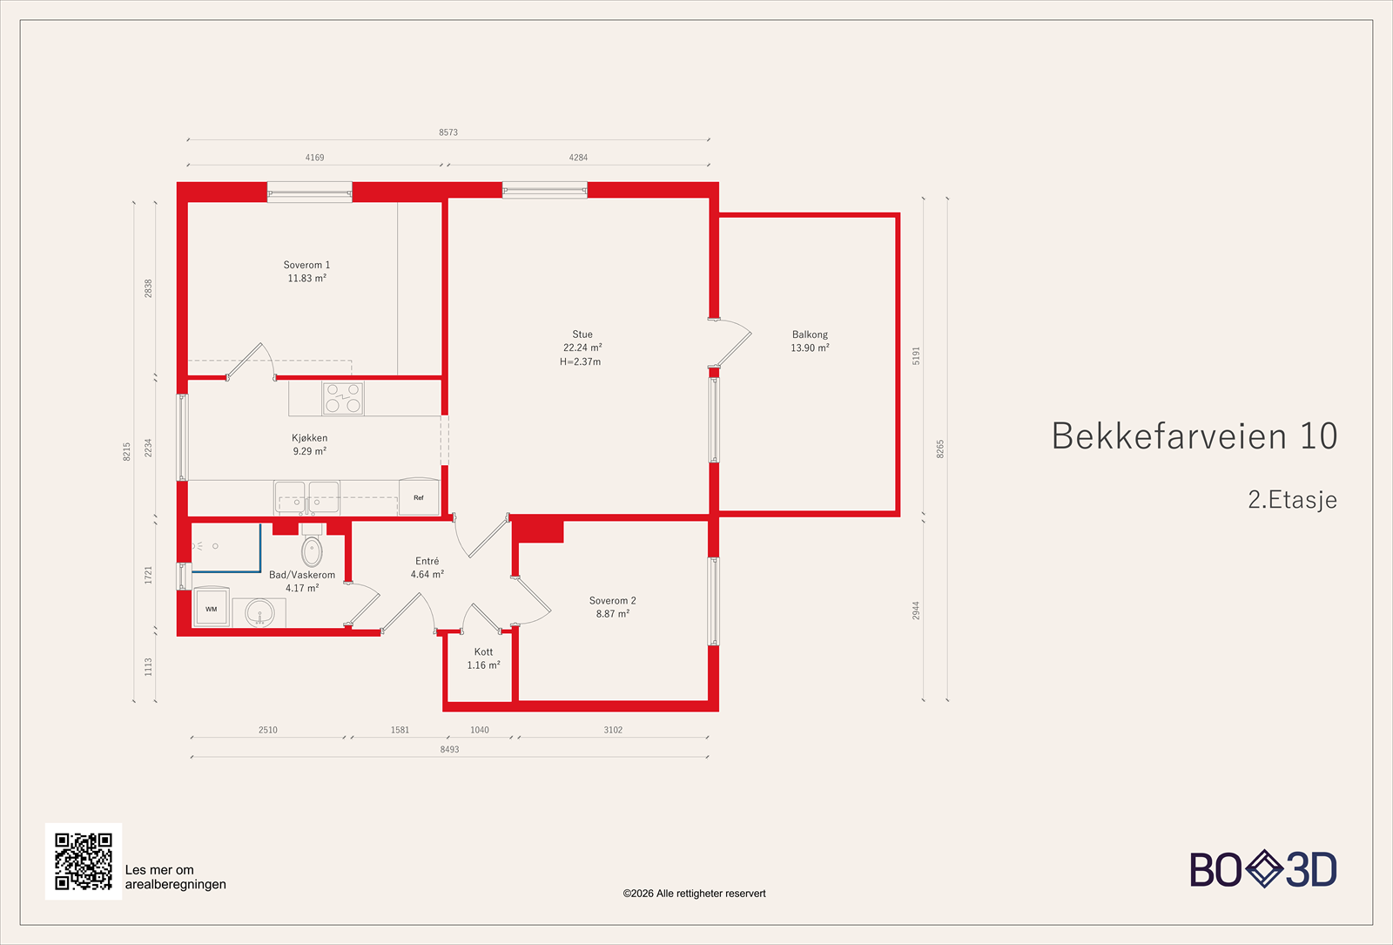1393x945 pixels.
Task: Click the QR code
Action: [x=84, y=861]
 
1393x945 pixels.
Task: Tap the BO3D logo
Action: [x=1263, y=869]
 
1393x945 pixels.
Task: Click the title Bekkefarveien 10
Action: [x=1194, y=435]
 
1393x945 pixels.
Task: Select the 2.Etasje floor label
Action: [x=1292, y=500]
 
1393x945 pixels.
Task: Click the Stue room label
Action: [x=582, y=334]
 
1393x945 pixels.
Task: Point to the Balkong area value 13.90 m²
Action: [x=810, y=348]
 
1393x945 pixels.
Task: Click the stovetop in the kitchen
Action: [x=342, y=399]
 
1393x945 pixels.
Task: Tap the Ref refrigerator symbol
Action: [x=419, y=497]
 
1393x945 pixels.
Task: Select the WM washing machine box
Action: [x=212, y=608]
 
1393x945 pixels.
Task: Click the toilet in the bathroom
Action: [x=312, y=550]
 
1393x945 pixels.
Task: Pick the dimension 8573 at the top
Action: [x=448, y=132]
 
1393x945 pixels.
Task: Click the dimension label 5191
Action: [x=916, y=355]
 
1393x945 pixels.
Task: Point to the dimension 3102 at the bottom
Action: [x=613, y=730]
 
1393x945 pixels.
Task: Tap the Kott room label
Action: [x=483, y=651]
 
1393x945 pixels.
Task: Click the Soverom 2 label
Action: [x=612, y=601]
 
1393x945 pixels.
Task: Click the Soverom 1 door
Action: [x=250, y=360]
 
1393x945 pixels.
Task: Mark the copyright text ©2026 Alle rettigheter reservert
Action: [x=694, y=894]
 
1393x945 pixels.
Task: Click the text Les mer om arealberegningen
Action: [x=175, y=877]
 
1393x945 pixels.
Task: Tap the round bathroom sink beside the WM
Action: [x=259, y=613]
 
